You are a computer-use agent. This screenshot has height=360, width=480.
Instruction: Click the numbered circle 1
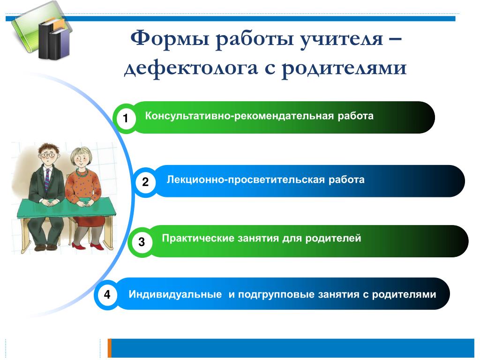125,118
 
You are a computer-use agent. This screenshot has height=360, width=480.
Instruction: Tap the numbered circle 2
145,181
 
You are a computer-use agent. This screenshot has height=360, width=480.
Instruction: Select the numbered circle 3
141,242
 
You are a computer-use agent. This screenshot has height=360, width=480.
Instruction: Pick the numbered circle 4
107,294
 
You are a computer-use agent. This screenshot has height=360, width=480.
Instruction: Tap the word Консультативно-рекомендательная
239,116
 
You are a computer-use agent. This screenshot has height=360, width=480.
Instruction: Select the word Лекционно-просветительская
246,180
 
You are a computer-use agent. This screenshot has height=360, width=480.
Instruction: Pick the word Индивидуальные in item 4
175,294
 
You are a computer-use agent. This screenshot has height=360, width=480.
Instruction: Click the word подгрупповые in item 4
277,295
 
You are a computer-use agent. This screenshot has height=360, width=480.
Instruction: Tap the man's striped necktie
47,180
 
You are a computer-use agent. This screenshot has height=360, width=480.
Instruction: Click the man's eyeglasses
48,155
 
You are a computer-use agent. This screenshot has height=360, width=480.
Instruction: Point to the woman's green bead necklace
82,173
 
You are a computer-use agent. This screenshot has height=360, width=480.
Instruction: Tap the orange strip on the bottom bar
110,348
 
